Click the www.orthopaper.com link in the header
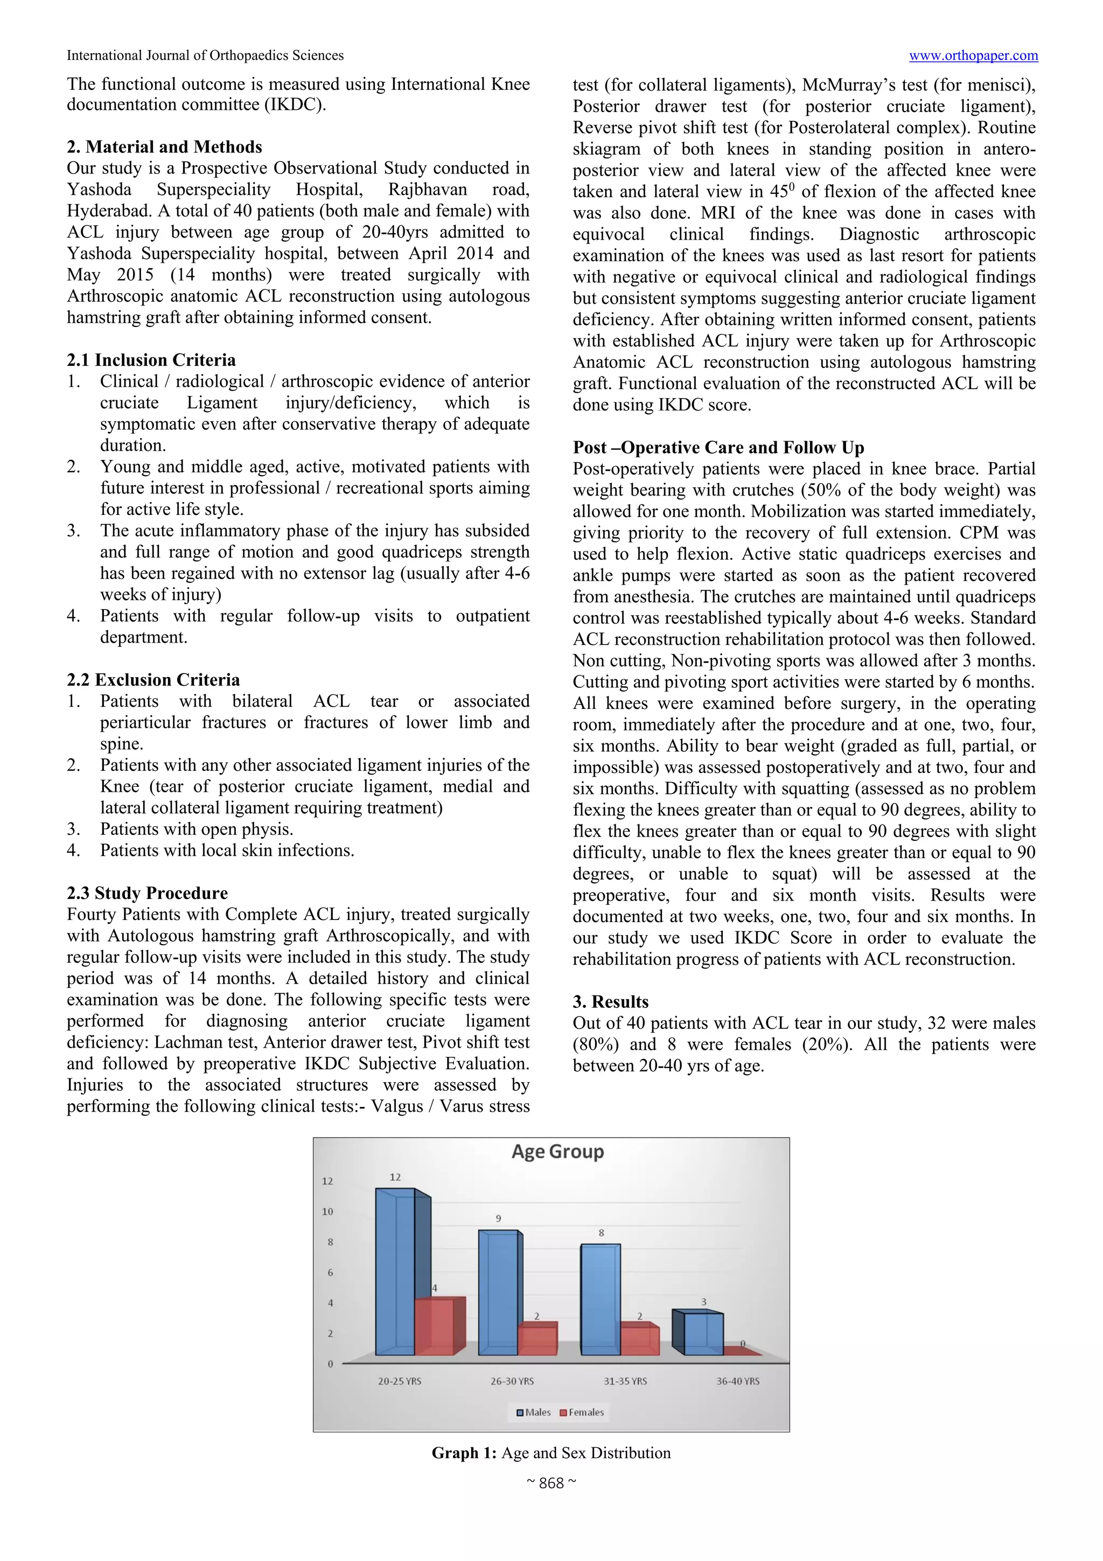point(973,56)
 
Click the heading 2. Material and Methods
point(164,147)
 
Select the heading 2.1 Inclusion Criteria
point(151,360)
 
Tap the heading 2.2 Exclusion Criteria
point(153,679)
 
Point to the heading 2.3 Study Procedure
point(147,893)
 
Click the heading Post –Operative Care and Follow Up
point(718,448)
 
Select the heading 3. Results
point(610,1001)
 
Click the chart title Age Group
point(557,1152)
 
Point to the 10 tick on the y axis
point(327,1211)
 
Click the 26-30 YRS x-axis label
point(512,1382)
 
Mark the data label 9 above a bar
point(498,1218)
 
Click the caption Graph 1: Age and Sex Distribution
point(550,1453)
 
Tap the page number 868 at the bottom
point(551,1483)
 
